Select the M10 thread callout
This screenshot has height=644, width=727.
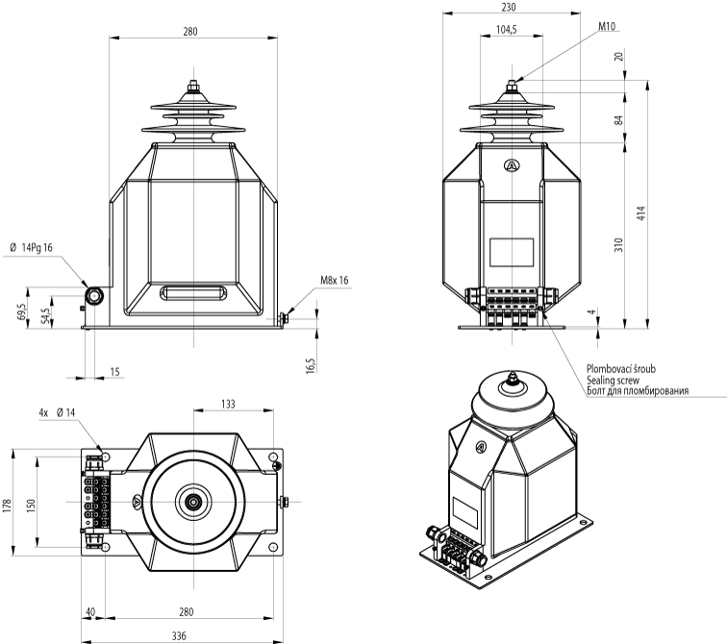tap(607, 27)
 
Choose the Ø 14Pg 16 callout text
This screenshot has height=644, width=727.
tap(31, 248)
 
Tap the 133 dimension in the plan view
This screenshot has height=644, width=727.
tap(228, 405)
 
